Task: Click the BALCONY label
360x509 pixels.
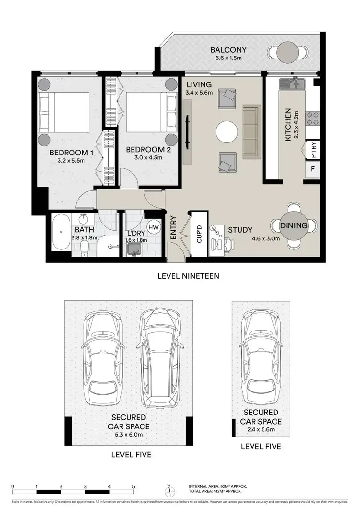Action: (x=228, y=50)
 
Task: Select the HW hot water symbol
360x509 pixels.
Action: (x=153, y=227)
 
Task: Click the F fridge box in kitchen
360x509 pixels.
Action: (x=313, y=169)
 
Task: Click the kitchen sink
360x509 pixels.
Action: (x=291, y=83)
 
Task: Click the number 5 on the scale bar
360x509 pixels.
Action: (x=134, y=486)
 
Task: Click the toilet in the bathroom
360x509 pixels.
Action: (x=84, y=247)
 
